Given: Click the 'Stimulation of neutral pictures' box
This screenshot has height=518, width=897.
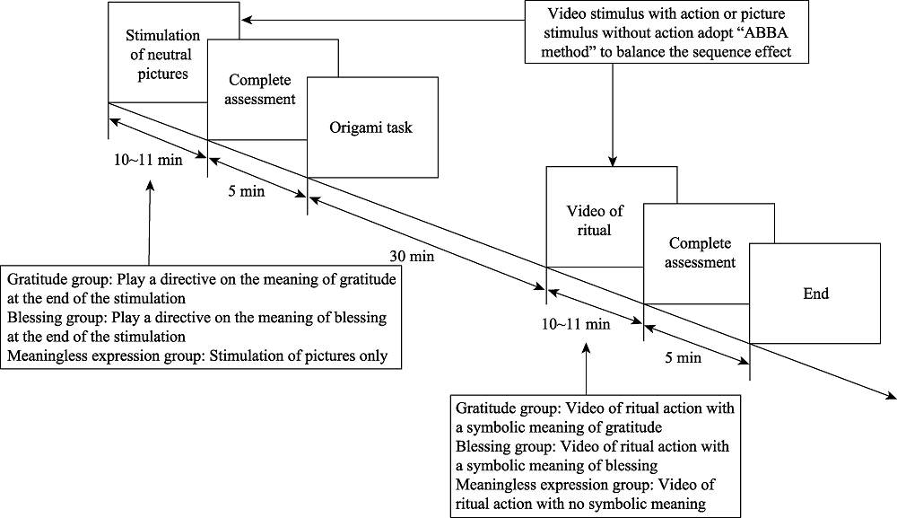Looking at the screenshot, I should (157, 54).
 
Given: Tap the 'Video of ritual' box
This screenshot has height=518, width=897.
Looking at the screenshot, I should (588, 220).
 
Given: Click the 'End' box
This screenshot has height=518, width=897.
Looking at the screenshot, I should (816, 293).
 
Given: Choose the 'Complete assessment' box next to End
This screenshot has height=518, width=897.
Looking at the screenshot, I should (701, 253).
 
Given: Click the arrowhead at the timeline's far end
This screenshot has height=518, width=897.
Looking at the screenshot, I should (890, 395).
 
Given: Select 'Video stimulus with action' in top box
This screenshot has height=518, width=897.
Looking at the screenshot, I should (610, 17).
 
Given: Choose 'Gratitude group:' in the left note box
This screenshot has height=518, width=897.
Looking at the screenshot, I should (57, 281).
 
